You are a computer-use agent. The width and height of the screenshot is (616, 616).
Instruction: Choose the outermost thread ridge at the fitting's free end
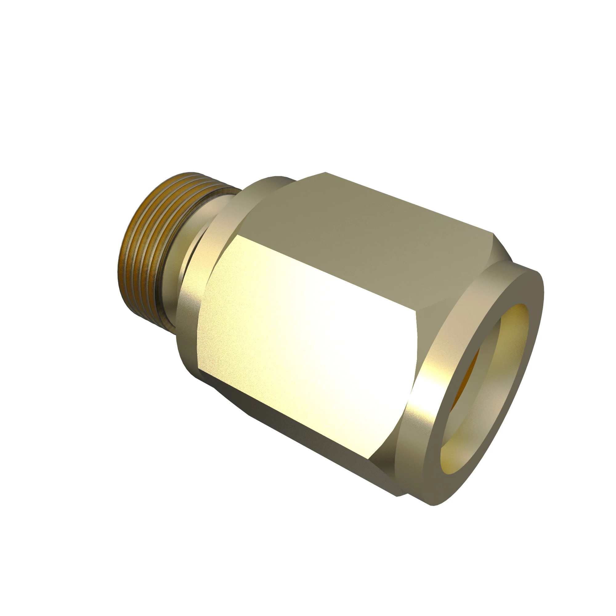pyautogui.click(x=123, y=265)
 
